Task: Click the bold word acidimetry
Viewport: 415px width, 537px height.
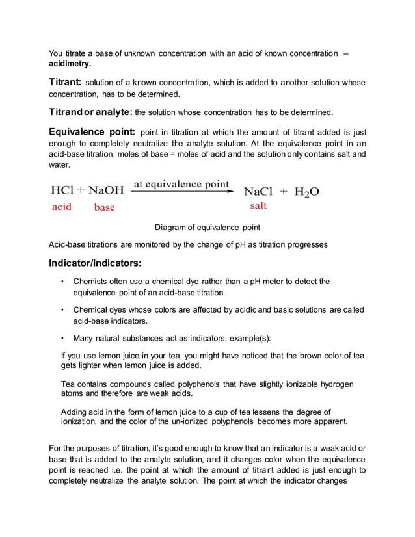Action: [70, 64]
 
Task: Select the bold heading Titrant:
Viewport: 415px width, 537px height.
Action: [65, 83]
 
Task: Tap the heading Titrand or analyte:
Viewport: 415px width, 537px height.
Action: [90, 111]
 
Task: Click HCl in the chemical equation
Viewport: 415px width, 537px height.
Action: [62, 191]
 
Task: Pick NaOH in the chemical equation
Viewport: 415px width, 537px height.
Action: [105, 191]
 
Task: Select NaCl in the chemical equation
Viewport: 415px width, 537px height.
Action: [258, 192]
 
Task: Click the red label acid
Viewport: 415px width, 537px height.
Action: [62, 207]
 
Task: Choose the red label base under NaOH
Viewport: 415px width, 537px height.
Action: [104, 207]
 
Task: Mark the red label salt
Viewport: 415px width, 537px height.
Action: [258, 206]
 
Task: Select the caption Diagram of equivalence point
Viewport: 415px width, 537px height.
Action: [207, 228]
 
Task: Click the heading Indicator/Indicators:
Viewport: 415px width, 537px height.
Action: [94, 264]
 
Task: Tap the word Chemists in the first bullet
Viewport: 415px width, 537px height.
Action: [92, 282]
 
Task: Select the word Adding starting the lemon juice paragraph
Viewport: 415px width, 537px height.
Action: [74, 412]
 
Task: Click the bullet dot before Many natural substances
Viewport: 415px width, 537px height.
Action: [62, 338]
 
